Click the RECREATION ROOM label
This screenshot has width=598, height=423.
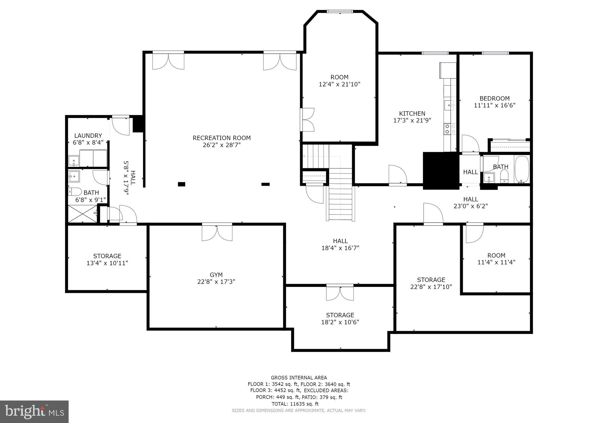click(x=222, y=138)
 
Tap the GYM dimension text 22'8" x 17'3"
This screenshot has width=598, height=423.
click(x=216, y=282)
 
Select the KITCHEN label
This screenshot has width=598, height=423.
click(x=412, y=113)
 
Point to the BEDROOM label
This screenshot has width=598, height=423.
click(x=494, y=98)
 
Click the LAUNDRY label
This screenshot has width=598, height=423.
click(x=88, y=136)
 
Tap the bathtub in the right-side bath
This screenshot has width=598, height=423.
click(x=522, y=169)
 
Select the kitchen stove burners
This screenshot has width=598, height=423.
click(x=450, y=129)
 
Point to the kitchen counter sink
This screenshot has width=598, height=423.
click(x=449, y=105)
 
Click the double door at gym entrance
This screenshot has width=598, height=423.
click(x=217, y=232)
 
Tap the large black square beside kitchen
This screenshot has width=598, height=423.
click(x=440, y=170)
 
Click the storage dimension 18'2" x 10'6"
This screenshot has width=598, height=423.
click(x=340, y=322)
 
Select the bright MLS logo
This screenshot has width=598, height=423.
click(x=34, y=412)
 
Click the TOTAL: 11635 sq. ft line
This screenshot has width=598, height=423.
click(x=295, y=404)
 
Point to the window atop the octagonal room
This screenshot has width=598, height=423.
click(x=340, y=12)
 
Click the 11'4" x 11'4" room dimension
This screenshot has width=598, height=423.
click(x=496, y=262)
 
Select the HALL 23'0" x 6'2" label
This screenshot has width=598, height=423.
click(x=470, y=202)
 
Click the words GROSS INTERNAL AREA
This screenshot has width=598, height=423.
click(x=299, y=377)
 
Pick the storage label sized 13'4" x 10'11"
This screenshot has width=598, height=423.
click(x=107, y=256)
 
